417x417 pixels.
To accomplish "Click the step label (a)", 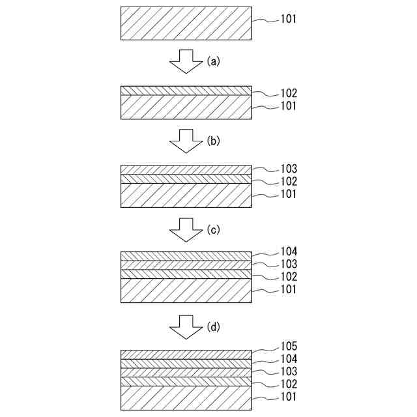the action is pyautogui.click(x=214, y=61).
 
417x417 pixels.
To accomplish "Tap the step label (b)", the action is pyautogui.click(x=214, y=140).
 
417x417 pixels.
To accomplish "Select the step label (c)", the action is pyautogui.click(x=214, y=229).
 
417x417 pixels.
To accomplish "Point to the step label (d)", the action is pyautogui.click(x=214, y=327).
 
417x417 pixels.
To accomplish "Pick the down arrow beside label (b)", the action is pyautogui.click(x=186, y=141).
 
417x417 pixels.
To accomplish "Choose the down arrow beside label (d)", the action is pyautogui.click(x=186, y=328).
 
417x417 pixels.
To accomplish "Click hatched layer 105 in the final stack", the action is pyautogui.click(x=186, y=354).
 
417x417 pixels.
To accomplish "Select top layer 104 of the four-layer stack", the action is pyautogui.click(x=186, y=256).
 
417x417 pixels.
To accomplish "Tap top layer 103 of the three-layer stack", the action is pyautogui.click(x=186, y=169).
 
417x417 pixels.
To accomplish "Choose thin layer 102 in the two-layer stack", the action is pyautogui.click(x=186, y=91).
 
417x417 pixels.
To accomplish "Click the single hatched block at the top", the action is pyautogui.click(x=186, y=23).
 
